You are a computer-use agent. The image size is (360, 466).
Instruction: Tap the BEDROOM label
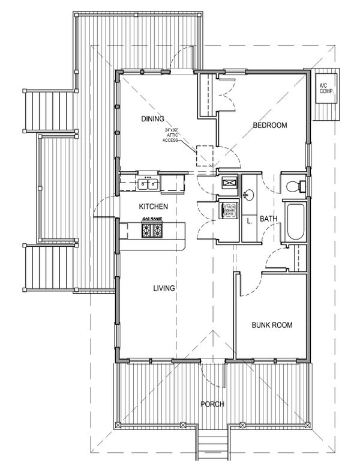point(269,126)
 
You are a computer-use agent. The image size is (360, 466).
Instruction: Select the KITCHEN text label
point(153,207)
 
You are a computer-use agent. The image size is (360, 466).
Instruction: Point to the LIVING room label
point(163,288)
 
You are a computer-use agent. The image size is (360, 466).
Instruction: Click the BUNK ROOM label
point(272,325)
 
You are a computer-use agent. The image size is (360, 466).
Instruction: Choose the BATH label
point(268,219)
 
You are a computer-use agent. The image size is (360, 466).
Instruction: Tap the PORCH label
point(213,404)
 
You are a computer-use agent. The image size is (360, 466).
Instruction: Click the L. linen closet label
point(249,220)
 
